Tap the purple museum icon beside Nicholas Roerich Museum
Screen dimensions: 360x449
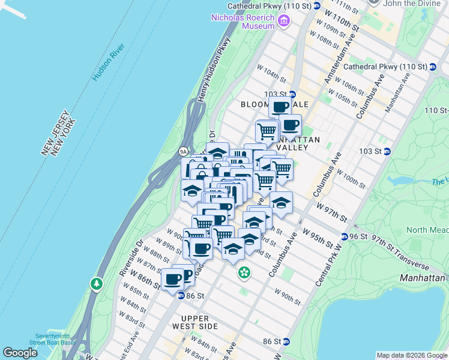pyautogui.click(x=284, y=22)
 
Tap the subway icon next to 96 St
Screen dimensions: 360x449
pyautogui.click(x=345, y=236)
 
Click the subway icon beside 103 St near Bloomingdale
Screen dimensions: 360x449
pyautogui.click(x=292, y=94)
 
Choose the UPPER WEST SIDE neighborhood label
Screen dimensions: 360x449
pyautogui.click(x=194, y=322)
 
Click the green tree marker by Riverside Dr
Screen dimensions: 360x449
pyautogui.click(x=96, y=283)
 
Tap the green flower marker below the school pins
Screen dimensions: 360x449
pyautogui.click(x=244, y=274)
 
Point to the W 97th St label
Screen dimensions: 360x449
pyautogui.click(x=333, y=211)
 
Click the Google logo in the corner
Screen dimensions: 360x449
pyautogui.click(x=20, y=353)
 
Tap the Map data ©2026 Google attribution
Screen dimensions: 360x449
pyautogui.click(x=411, y=355)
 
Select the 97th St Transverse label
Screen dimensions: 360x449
pyautogui.click(x=401, y=253)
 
